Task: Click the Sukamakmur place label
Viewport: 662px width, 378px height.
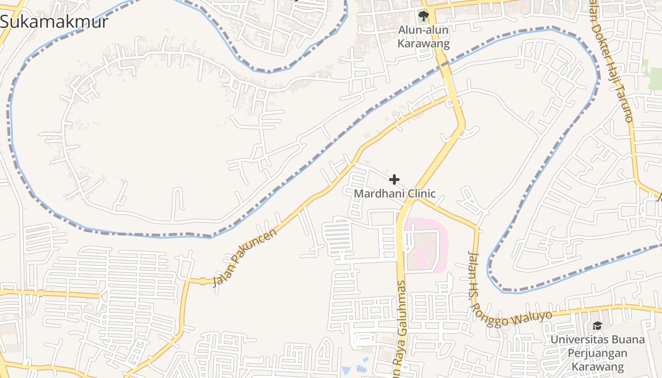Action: click(x=54, y=22)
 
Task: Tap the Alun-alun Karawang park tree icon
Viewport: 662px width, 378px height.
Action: click(x=423, y=16)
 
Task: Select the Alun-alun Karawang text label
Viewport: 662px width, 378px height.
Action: click(x=423, y=37)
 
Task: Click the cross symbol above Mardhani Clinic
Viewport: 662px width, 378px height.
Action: click(x=394, y=180)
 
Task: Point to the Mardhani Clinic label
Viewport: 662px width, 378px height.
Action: click(x=395, y=194)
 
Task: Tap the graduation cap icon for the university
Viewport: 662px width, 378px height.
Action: click(x=597, y=326)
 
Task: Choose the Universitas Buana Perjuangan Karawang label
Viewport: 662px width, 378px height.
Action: click(x=597, y=353)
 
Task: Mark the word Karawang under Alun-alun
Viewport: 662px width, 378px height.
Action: click(x=423, y=43)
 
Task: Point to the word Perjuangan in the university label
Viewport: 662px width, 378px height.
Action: click(x=597, y=353)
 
